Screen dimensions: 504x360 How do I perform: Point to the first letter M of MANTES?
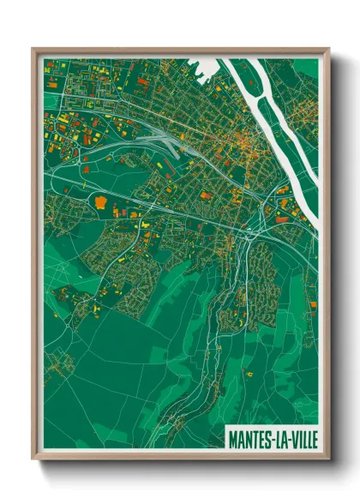click(x=232, y=438)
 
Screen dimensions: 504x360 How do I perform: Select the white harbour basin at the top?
click(x=202, y=67)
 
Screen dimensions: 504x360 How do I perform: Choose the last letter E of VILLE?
click(x=312, y=438)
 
